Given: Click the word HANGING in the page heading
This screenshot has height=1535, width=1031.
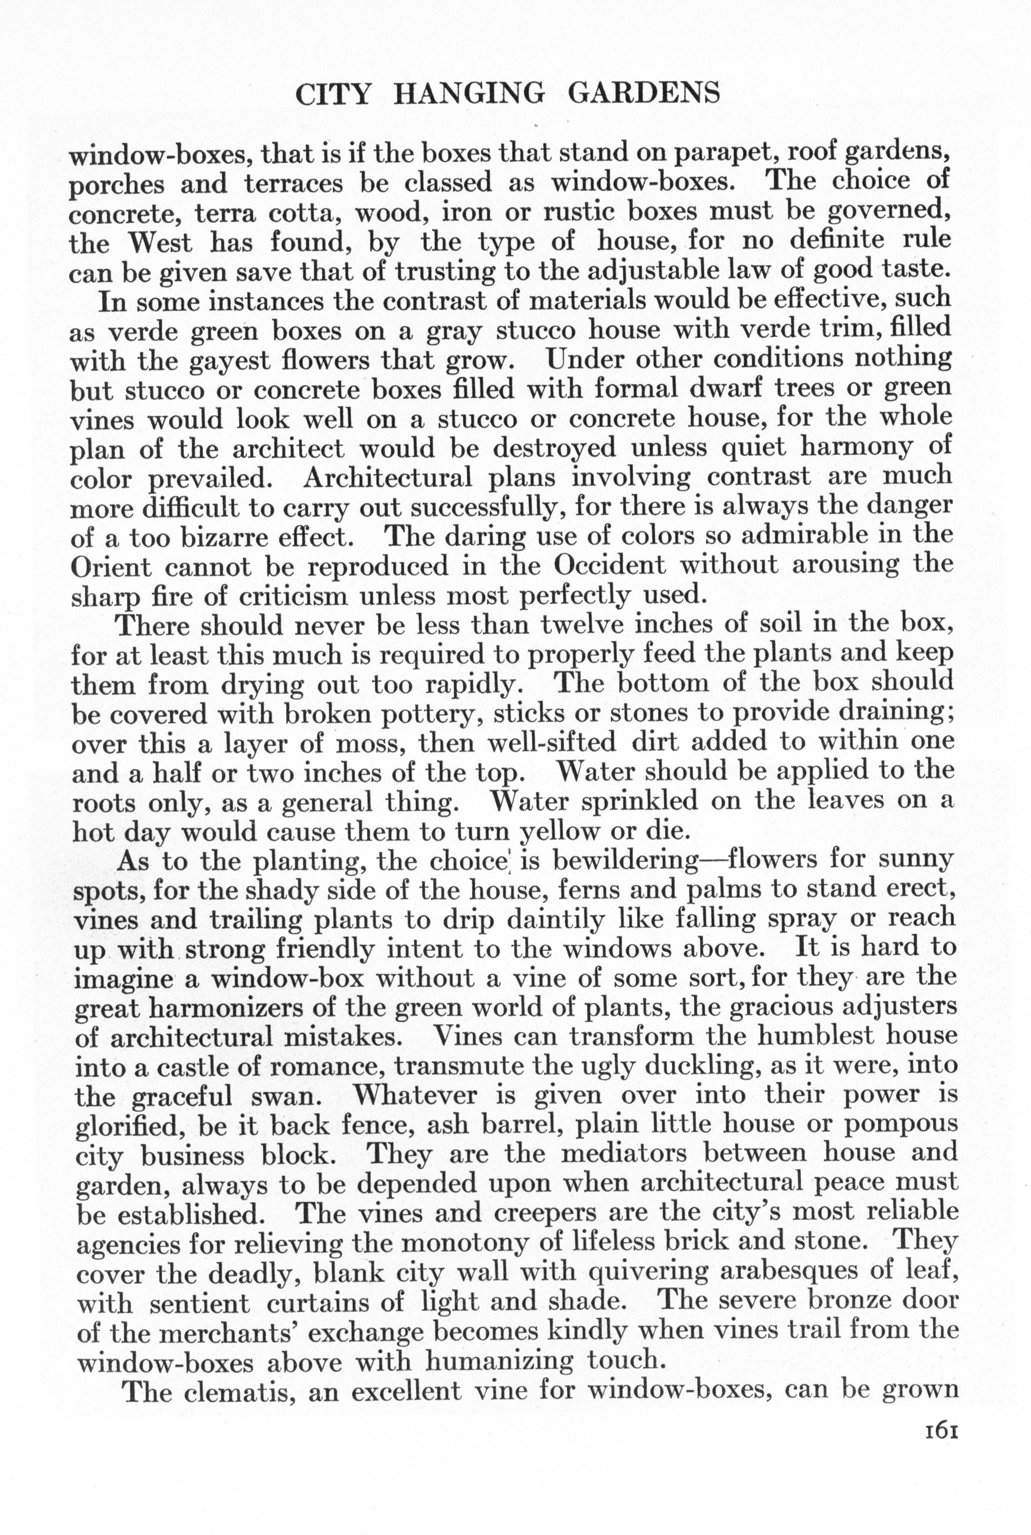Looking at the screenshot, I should pyautogui.click(x=468, y=94).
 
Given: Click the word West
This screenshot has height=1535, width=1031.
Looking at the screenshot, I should pyautogui.click(x=160, y=244).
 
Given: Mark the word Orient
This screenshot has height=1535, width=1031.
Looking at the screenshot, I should pyautogui.click(x=110, y=567).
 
